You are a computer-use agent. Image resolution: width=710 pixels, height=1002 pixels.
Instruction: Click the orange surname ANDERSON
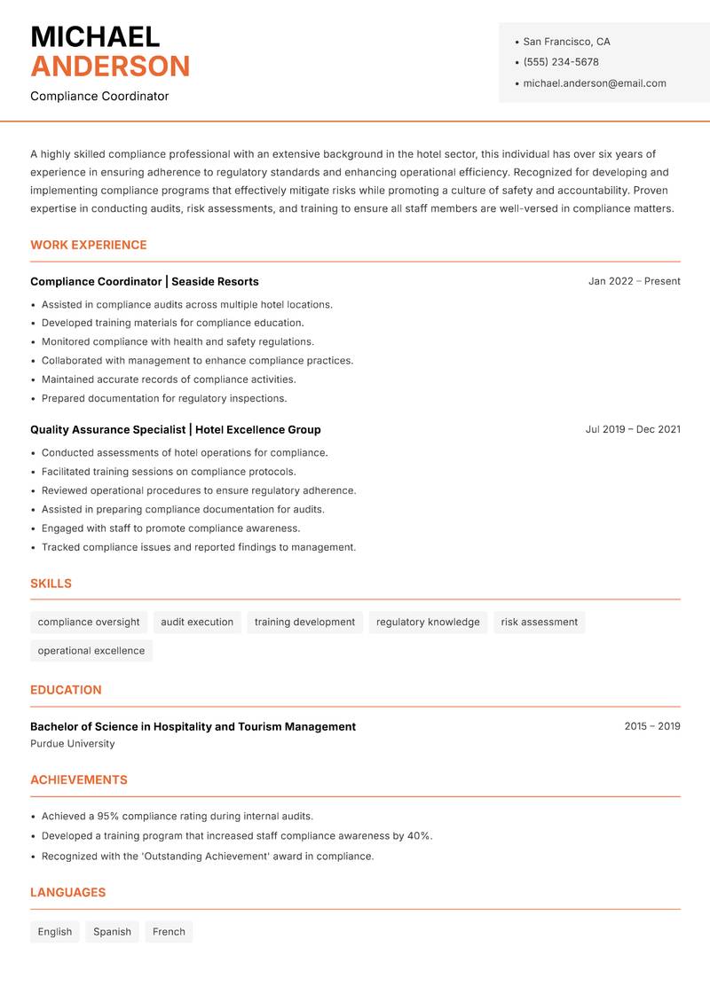point(110,67)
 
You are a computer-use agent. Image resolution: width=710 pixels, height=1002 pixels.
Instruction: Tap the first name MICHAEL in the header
point(95,36)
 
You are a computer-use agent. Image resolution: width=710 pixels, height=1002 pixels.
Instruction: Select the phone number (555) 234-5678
point(561,62)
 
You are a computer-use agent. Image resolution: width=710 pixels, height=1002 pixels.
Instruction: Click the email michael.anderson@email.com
point(595,83)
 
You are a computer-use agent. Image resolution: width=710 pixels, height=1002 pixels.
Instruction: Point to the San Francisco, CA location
point(566,42)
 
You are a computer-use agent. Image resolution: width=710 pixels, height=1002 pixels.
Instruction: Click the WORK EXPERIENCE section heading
point(89,245)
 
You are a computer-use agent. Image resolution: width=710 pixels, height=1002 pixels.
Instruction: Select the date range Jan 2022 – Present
point(634,281)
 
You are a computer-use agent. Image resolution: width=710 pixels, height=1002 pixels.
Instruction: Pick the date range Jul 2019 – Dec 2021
point(633,429)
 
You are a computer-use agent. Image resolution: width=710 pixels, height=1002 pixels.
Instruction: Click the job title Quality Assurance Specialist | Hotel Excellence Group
point(176,429)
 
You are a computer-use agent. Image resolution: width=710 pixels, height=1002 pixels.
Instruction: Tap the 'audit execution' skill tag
point(197,622)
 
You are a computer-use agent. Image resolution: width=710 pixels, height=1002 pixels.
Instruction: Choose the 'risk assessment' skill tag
point(539,622)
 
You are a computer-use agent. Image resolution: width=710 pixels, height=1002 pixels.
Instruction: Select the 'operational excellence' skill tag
point(91,651)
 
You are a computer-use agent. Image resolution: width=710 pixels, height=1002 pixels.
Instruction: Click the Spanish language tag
point(112,932)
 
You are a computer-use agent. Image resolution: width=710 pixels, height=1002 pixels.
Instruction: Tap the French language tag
point(169,932)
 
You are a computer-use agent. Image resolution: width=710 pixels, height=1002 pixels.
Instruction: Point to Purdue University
point(73,744)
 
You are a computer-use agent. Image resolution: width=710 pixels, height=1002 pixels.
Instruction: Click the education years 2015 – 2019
point(651,726)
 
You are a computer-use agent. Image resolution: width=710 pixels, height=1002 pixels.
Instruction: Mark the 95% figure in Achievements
point(110,816)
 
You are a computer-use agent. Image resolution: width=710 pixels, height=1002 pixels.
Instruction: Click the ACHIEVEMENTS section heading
point(79,780)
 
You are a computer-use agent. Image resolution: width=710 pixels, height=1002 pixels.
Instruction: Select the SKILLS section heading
point(51,583)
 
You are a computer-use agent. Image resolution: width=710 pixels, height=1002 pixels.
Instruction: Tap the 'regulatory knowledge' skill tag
point(428,622)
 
